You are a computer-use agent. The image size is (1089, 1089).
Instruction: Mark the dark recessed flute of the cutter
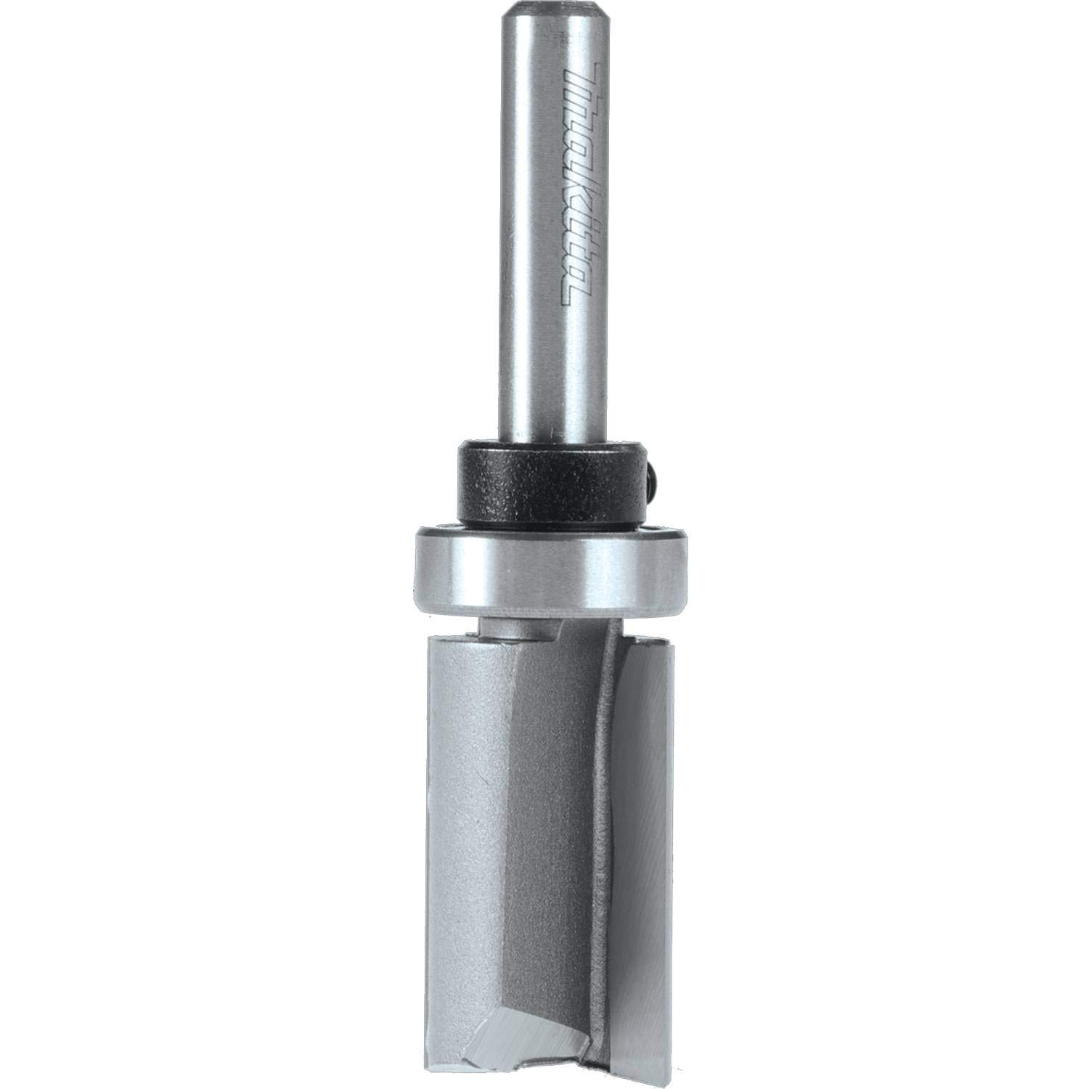click(x=559, y=835)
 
